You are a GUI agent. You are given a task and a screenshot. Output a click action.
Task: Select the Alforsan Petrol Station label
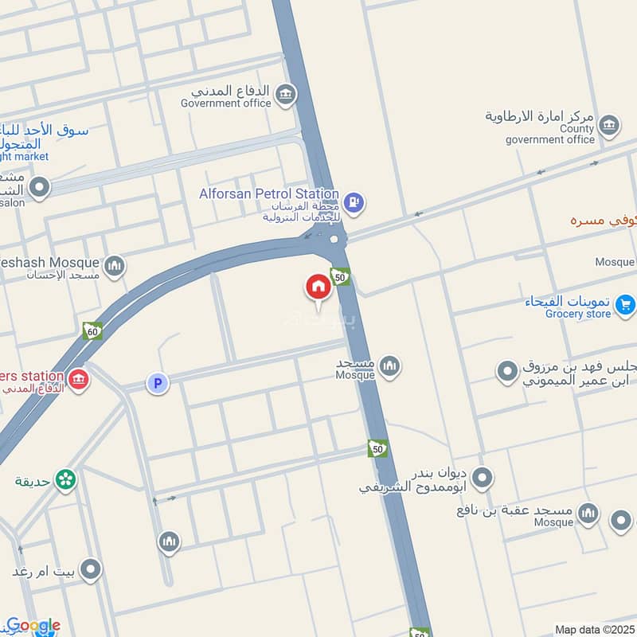pos(269,194)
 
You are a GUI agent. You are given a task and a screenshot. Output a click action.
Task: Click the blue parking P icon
pos(158,384)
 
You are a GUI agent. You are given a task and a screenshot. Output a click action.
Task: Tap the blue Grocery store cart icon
pos(625,303)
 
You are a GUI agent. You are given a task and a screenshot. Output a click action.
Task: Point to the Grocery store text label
pos(578,315)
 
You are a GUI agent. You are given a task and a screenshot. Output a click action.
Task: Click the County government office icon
pos(608,125)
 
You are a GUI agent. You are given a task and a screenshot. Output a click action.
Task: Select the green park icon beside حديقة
pos(65,479)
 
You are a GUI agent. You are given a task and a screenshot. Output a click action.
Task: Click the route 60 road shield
pos(92,330)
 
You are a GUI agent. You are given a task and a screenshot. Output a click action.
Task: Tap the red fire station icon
pos(78,379)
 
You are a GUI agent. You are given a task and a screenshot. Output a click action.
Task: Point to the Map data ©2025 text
pos(595,629)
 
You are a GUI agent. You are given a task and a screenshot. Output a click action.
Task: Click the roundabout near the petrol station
pos(334,238)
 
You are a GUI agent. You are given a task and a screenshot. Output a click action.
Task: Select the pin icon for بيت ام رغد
pos(91,569)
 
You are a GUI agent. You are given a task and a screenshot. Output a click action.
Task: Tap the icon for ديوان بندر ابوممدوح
pos(482,479)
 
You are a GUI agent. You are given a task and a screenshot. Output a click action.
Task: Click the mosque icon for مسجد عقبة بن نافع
pos(588,513)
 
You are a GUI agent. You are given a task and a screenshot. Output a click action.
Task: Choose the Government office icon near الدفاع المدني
pos(284,96)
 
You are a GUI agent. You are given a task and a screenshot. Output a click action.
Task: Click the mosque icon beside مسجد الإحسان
pos(114,265)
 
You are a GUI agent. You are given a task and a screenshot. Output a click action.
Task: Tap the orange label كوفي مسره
pos(604,219)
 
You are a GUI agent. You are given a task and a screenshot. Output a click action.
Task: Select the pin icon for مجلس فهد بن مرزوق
pos(507,371)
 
